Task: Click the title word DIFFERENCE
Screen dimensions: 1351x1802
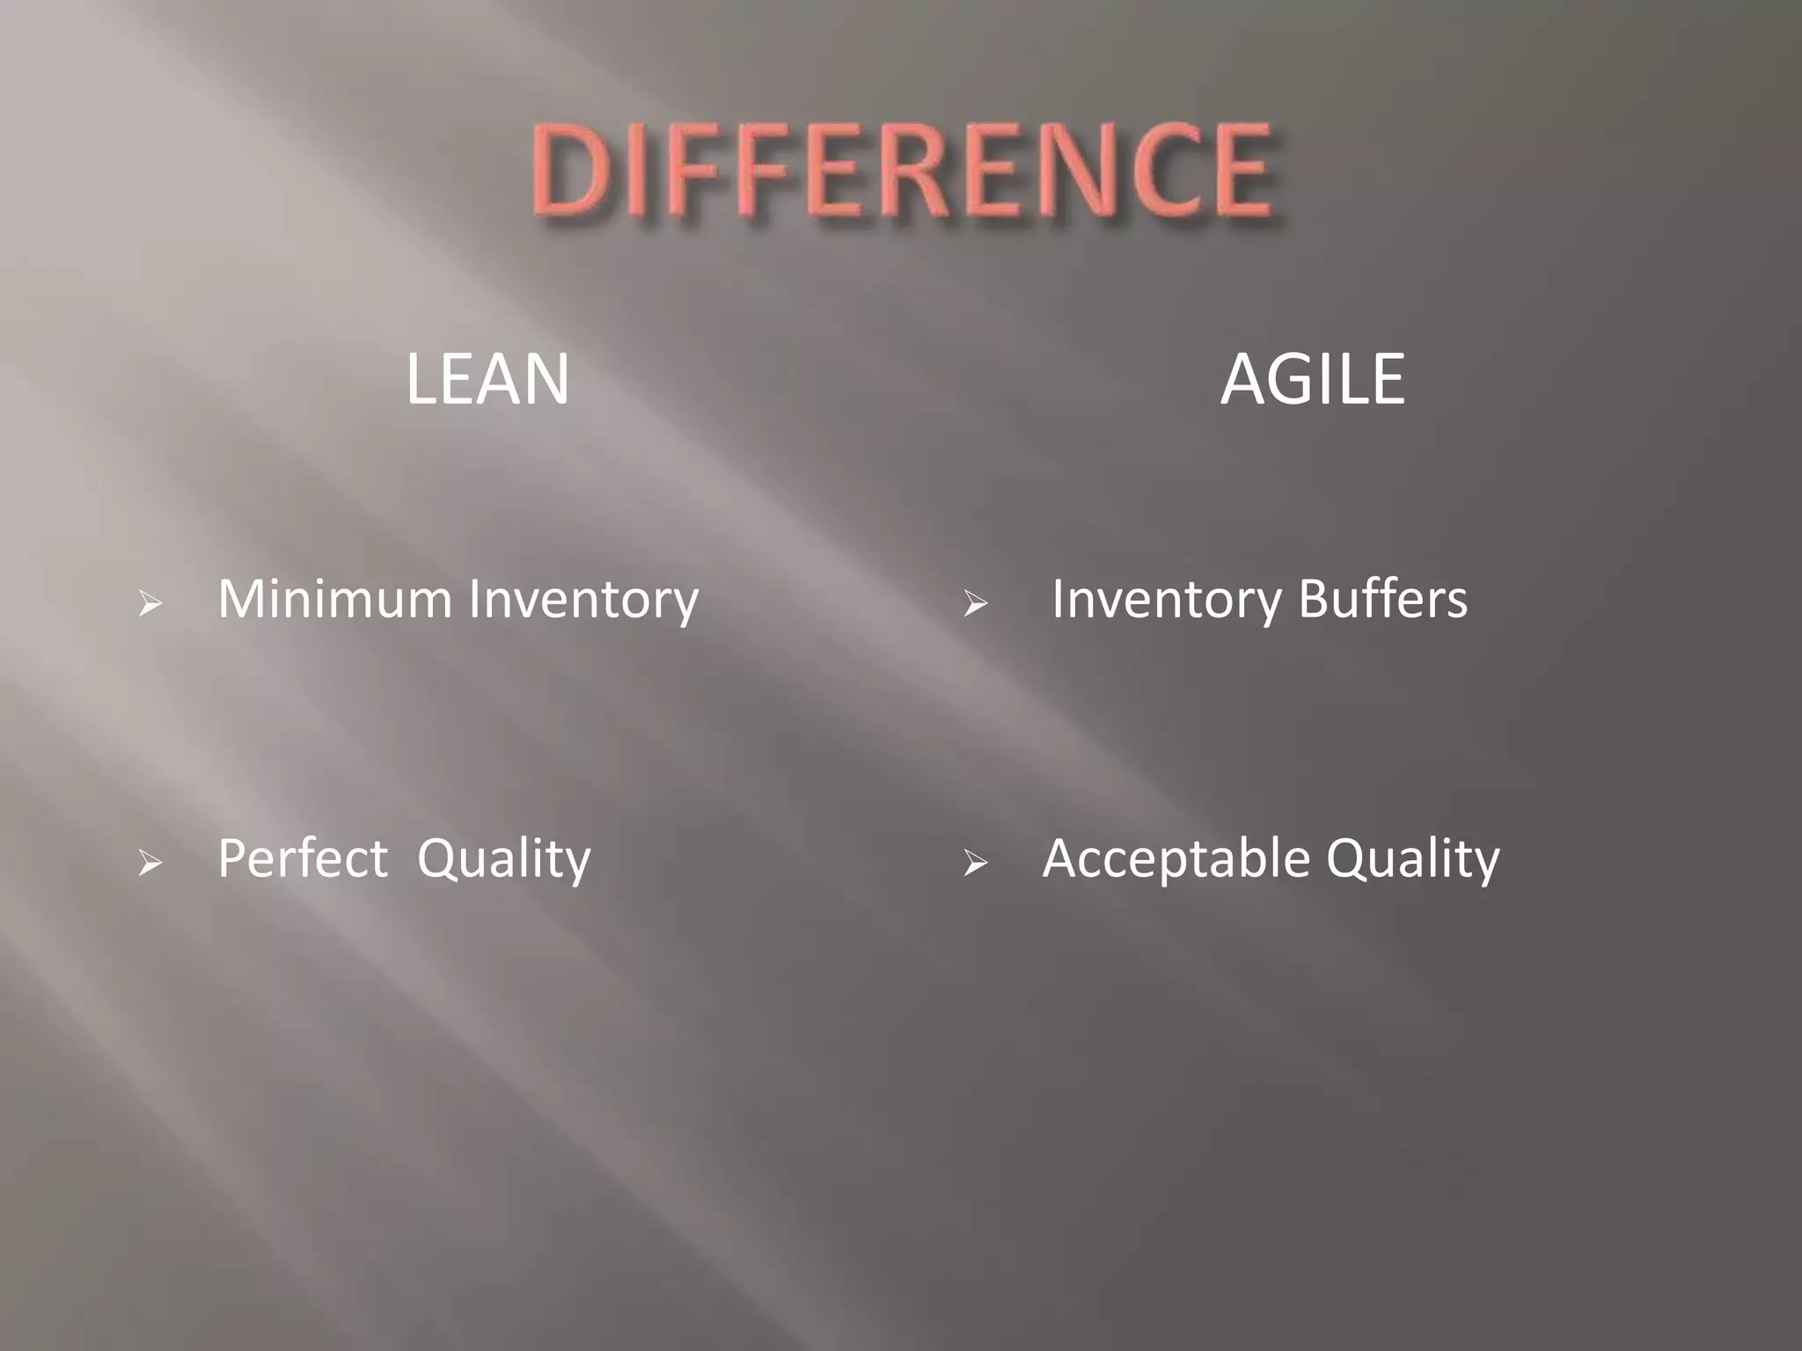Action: [x=901, y=172]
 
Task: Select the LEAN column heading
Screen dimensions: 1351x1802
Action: [x=487, y=379]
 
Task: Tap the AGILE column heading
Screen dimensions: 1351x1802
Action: [x=1312, y=379]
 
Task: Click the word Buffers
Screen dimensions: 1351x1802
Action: [x=1383, y=599]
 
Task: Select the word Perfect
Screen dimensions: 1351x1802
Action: [x=302, y=858]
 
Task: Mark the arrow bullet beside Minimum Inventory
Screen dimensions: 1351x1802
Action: [x=150, y=604]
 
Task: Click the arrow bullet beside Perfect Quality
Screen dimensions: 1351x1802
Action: [x=150, y=864]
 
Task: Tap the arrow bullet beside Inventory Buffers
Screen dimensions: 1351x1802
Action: [x=975, y=604]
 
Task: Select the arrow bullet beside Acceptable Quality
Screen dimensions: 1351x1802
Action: [x=975, y=864]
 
